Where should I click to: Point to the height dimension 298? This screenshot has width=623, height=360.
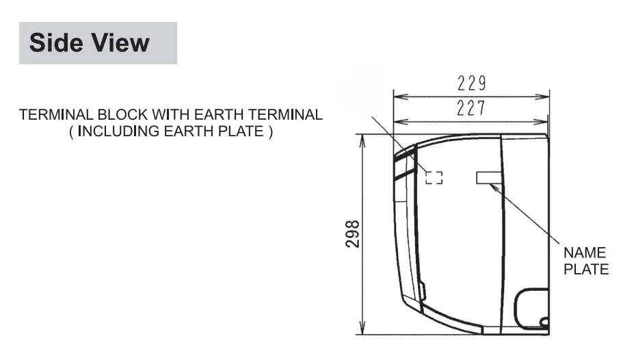click(352, 234)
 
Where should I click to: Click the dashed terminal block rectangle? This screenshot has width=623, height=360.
click(434, 178)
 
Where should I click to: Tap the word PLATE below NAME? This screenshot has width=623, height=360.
click(586, 270)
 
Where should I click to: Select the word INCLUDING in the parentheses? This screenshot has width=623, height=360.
click(119, 132)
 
